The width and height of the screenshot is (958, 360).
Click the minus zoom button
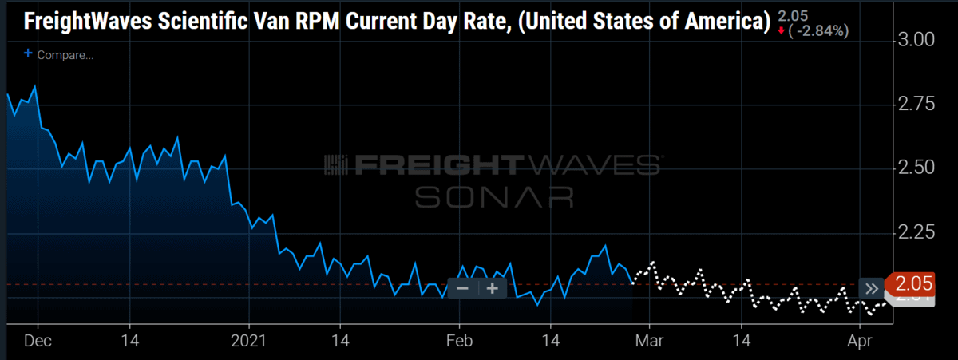tap(462, 288)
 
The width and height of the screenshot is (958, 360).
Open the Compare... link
tap(60, 55)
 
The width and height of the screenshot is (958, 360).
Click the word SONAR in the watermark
tap(493, 196)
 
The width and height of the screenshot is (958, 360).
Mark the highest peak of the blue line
tap(34, 86)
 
